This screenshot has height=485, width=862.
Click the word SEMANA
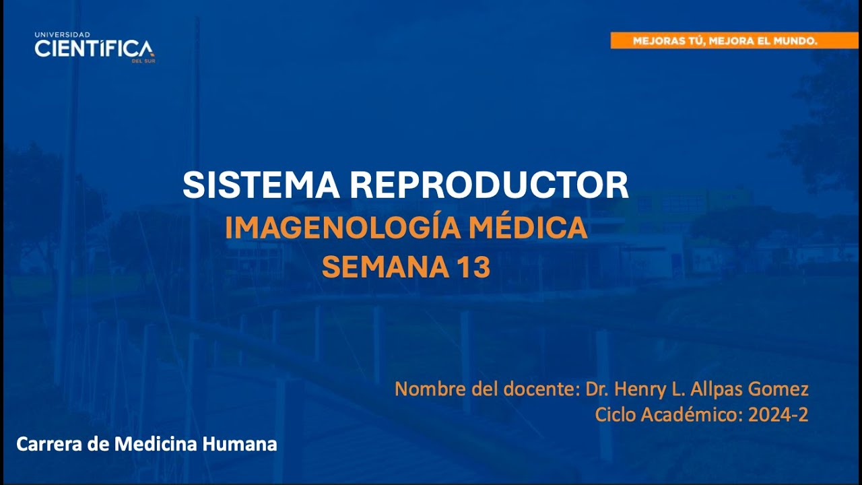pos(381,267)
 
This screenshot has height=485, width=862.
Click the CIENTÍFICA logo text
pos(94,48)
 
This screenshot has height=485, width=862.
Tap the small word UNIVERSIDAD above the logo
pos(62,34)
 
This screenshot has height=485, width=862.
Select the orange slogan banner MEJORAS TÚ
pos(734,40)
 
